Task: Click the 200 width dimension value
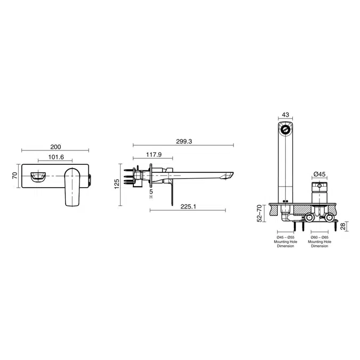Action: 55,147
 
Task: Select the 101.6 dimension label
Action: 56,157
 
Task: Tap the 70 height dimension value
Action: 15,175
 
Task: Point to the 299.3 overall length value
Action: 184,141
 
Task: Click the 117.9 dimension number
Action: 154,155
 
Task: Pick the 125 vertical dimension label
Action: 117,184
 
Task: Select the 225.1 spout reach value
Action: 188,206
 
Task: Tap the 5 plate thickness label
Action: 151,191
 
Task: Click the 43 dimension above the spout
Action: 285,115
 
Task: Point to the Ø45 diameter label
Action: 319,174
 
